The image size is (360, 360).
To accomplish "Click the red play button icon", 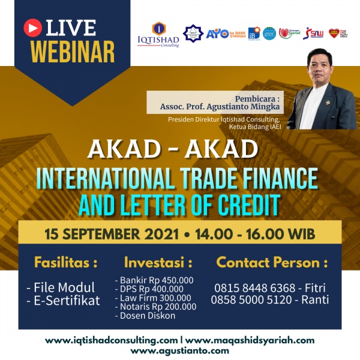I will tap(32, 27).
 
